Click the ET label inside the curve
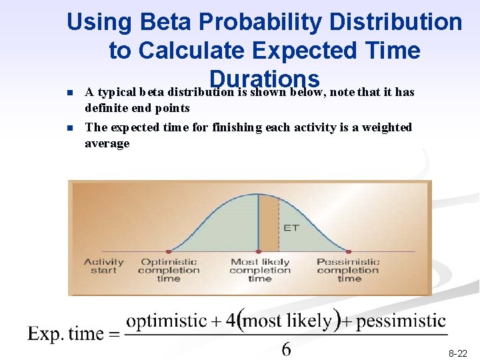point(291,227)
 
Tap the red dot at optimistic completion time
point(168,251)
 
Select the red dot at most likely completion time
point(259,251)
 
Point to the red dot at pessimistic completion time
point(348,251)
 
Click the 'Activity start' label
point(103,266)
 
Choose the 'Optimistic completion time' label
point(169,270)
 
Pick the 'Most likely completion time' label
point(259,270)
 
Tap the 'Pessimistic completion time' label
point(348,270)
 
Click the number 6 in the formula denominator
point(286,349)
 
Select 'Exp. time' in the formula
point(66,333)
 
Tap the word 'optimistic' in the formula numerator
point(166,321)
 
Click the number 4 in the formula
point(231,321)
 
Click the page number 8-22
point(457,353)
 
